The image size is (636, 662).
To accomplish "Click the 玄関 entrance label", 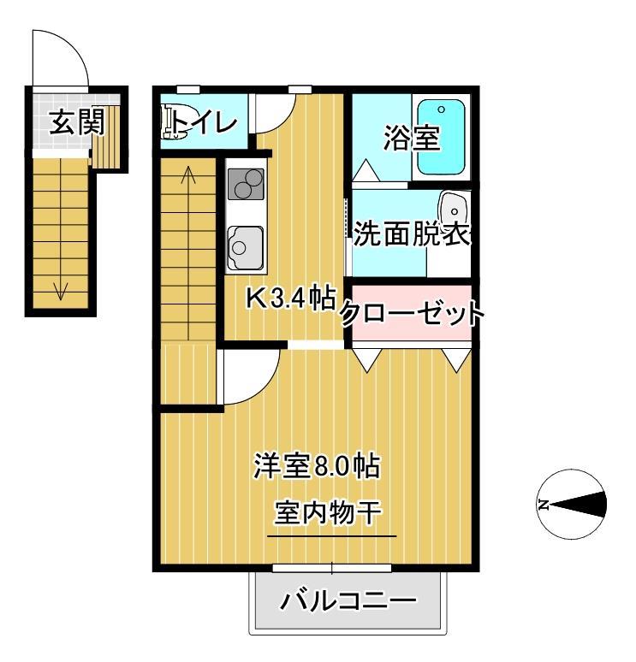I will (x=76, y=123).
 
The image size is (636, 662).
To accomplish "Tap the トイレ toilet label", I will (x=204, y=123).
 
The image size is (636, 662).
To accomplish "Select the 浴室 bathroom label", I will (x=411, y=138).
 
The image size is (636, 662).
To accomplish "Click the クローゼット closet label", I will (x=412, y=314).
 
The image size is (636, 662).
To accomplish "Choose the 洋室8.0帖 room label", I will (x=316, y=467).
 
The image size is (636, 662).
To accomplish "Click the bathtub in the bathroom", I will (x=441, y=138).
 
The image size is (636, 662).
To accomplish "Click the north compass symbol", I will (x=572, y=505).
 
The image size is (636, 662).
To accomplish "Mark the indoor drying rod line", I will (x=332, y=536).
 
